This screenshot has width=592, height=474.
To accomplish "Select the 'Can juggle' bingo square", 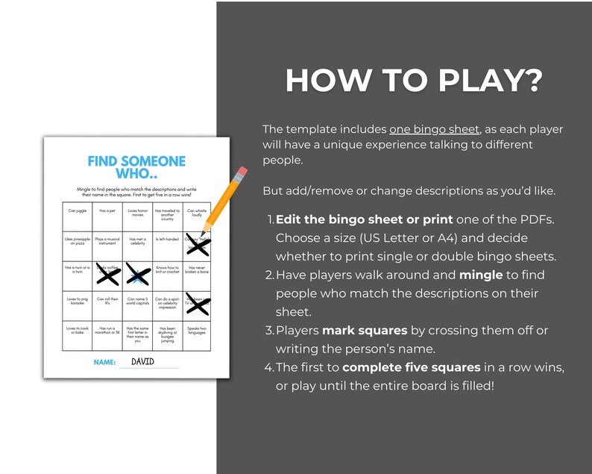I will pos(77,211).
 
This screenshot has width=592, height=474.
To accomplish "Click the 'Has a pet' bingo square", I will pos(107,211).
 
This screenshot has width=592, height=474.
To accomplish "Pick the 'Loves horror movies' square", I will pos(137,214).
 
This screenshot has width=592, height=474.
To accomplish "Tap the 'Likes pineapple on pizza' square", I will pos(77,242).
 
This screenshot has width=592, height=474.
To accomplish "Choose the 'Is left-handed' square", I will pos(167,240).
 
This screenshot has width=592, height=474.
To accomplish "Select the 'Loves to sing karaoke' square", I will pos(77,302).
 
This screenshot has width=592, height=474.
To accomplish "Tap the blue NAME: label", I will pos(104,362).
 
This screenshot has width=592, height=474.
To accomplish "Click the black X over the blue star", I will pos(137,275).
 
